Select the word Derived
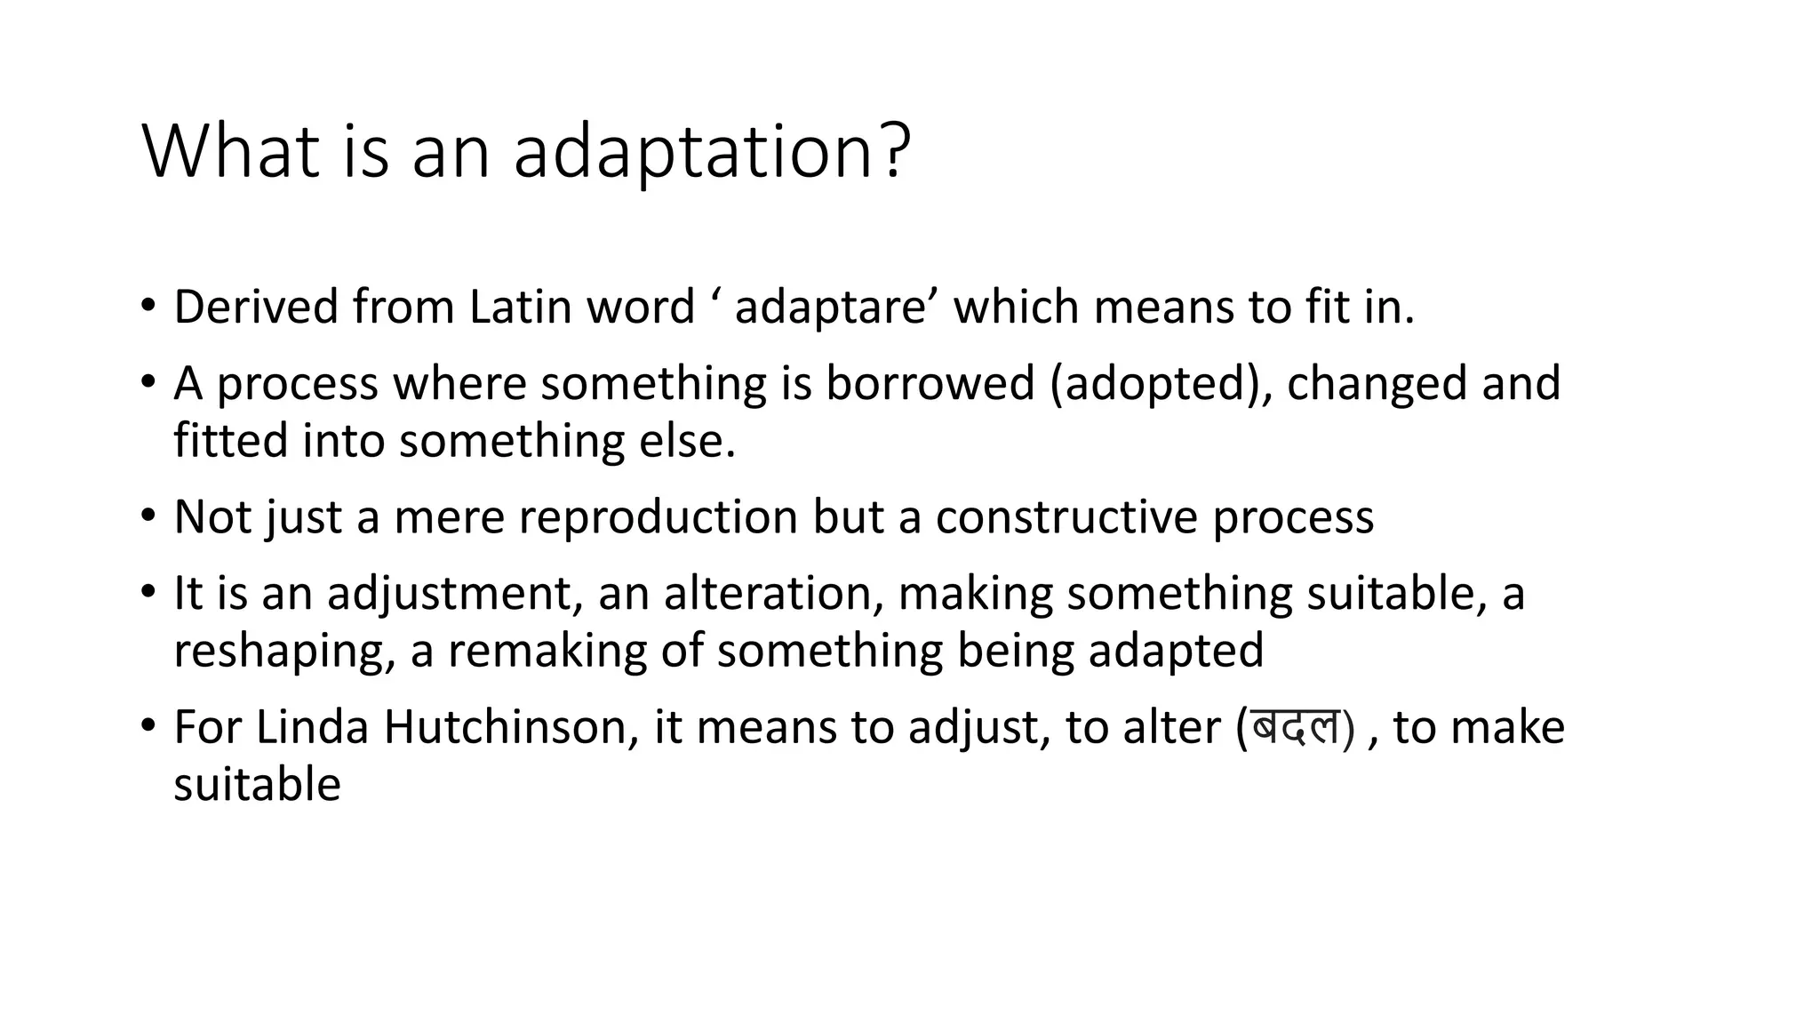(x=256, y=308)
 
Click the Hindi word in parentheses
(x=1295, y=728)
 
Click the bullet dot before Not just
(x=148, y=516)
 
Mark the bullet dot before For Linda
(x=148, y=725)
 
